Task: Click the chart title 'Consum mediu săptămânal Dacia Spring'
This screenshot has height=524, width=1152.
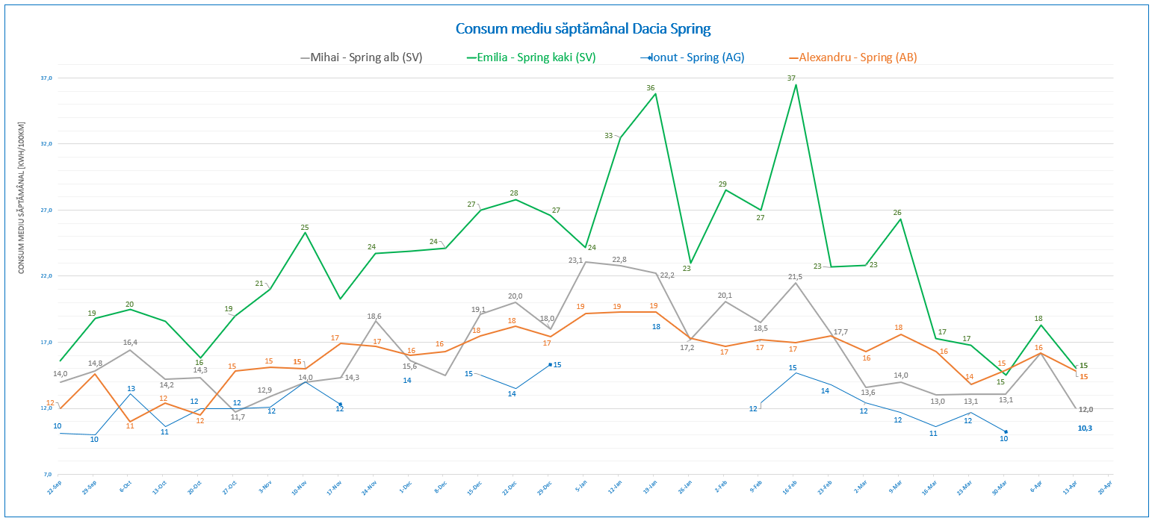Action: pos(583,29)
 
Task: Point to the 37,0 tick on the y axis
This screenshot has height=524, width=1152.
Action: pos(46,78)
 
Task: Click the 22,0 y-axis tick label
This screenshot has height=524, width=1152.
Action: pos(46,276)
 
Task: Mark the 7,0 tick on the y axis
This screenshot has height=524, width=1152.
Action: pos(46,475)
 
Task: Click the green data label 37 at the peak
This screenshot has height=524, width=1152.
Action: pos(791,78)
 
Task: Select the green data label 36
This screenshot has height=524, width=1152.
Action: pos(651,88)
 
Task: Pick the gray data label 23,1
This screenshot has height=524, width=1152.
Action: pos(575,261)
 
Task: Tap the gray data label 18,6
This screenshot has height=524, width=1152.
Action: pos(374,316)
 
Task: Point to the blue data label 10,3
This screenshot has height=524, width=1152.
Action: pos(1085,428)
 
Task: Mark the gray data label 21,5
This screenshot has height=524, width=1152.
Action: pos(795,277)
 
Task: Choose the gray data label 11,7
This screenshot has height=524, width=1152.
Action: pos(238,417)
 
